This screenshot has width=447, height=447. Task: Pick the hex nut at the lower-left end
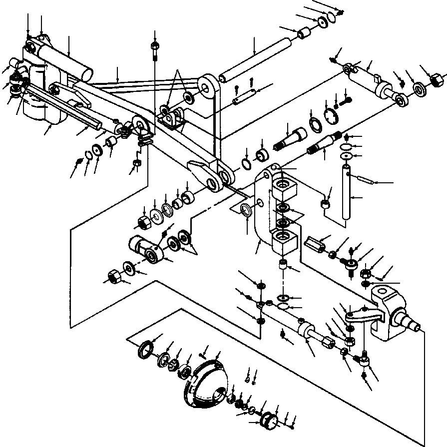pos(114,276)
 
